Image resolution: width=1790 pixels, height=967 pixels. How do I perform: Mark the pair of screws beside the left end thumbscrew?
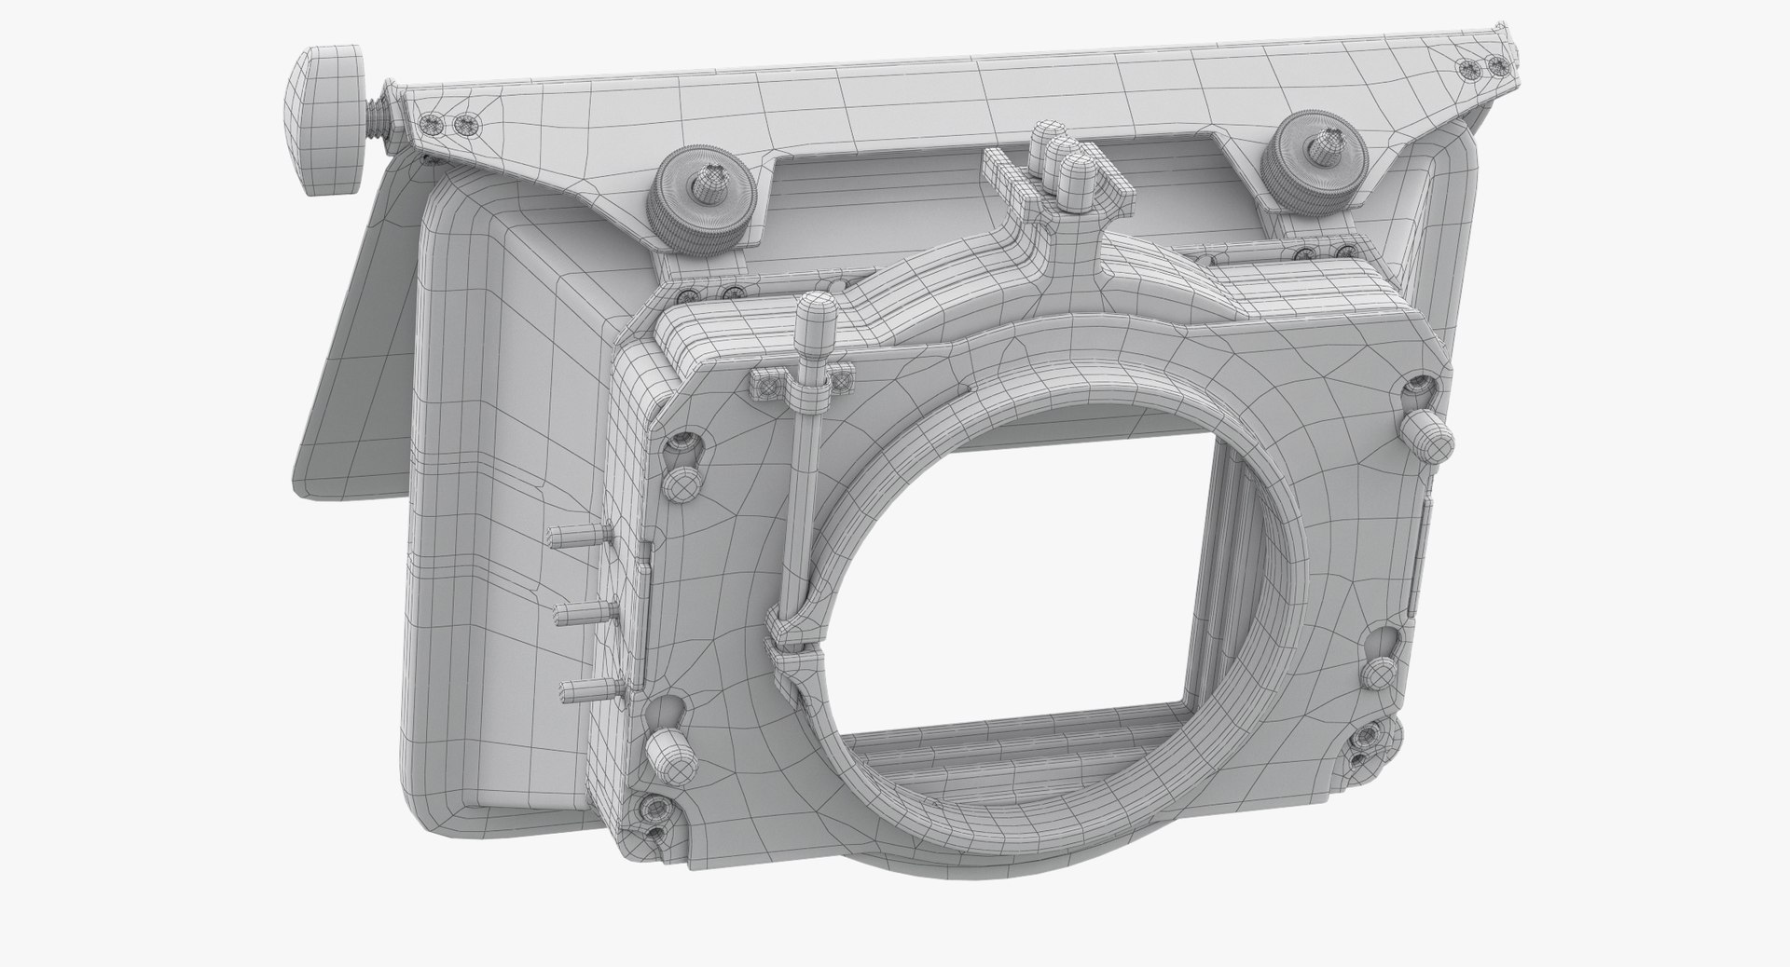click(447, 122)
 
